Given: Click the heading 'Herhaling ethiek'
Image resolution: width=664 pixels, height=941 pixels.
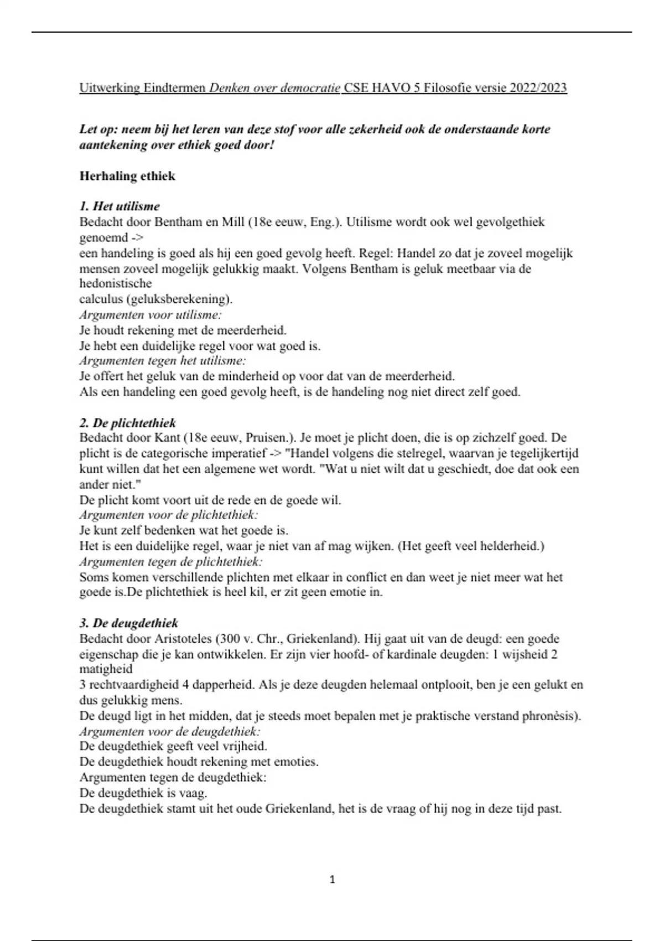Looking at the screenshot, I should [127, 176].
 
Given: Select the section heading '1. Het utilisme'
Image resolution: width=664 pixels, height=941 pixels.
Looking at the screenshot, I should [120, 206].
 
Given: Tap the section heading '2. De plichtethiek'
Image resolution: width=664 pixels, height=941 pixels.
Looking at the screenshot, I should [128, 423].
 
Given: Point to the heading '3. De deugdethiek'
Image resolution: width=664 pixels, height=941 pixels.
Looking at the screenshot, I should [129, 623].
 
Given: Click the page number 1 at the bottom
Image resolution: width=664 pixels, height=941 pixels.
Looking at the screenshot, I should [332, 879].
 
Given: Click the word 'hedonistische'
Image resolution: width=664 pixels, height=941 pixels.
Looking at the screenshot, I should [116, 284].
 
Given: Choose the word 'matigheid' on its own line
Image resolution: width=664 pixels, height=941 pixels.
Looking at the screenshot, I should [106, 669].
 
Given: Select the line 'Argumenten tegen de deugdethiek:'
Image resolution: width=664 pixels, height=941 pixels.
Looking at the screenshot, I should [173, 778].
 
